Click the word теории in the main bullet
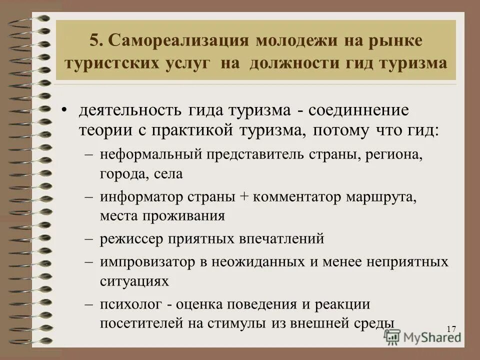103,130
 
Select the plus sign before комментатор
244,196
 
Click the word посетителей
142,323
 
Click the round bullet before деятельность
64,109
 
